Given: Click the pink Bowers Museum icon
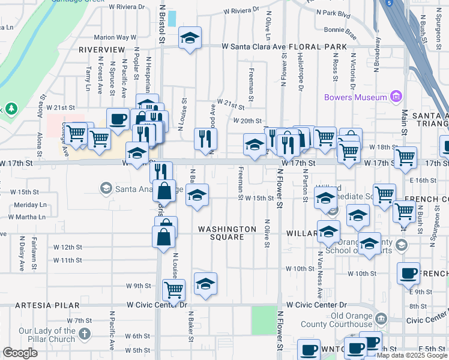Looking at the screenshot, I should click(396, 97).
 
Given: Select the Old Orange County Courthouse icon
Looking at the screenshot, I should click(381, 318).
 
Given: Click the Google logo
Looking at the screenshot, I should click(20, 353).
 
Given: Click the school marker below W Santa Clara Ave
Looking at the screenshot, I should click(190, 40).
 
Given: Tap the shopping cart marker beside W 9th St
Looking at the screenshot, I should click(173, 290).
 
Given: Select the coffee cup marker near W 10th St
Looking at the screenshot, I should click(408, 274).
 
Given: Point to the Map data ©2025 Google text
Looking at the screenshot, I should click(412, 355).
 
